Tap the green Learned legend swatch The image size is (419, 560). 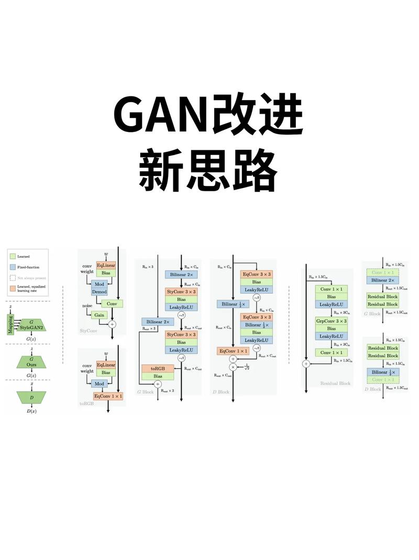(x=12, y=256)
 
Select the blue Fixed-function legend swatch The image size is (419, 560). (x=12, y=267)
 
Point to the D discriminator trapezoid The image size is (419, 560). (x=31, y=397)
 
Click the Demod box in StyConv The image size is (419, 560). (x=99, y=291)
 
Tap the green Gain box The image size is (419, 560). (x=99, y=315)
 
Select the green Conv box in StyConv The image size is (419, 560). (x=111, y=303)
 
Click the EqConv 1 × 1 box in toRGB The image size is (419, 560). (x=108, y=396)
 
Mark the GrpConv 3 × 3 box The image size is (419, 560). (x=331, y=320)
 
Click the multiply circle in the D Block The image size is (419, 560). (x=233, y=367)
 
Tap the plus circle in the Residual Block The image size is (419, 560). (x=305, y=363)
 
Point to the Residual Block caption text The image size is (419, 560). (x=335, y=383)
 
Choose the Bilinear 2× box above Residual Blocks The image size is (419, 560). (x=382, y=280)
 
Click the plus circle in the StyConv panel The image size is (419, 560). (x=112, y=325)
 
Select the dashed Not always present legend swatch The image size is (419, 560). (x=12, y=278)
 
